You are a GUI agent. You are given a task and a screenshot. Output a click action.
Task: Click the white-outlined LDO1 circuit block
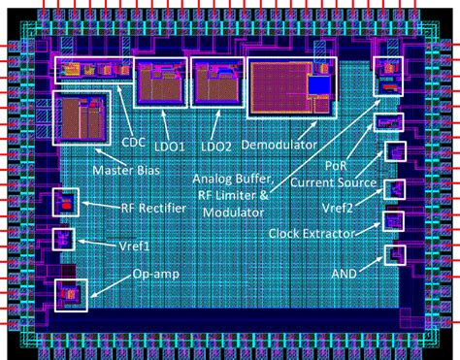click(x=158, y=82)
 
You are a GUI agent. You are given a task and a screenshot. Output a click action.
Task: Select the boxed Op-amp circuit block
click(x=70, y=293)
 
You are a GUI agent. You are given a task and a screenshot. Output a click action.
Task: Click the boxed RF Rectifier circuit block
click(x=65, y=203)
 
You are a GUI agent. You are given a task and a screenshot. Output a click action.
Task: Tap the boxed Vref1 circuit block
click(x=62, y=238)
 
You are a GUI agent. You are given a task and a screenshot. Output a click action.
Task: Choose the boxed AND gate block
click(x=394, y=255)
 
